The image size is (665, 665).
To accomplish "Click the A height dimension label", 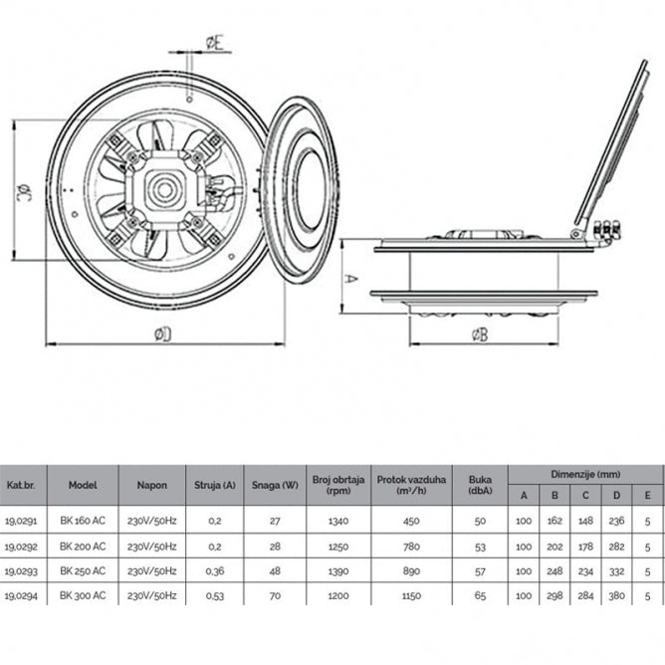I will pyautogui.click(x=350, y=280).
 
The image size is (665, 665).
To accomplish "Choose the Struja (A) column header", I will pyautogui.click(x=214, y=485).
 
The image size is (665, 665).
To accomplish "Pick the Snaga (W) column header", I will pyautogui.click(x=275, y=485).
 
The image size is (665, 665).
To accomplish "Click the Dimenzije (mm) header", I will pyautogui.click(x=585, y=475).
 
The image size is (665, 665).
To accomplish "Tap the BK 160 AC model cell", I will pyautogui.click(x=83, y=520).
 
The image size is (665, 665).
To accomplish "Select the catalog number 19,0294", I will pyautogui.click(x=24, y=594).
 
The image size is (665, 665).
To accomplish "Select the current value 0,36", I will pyautogui.click(x=214, y=570).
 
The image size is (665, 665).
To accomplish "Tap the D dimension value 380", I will pyautogui.click(x=616, y=594).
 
